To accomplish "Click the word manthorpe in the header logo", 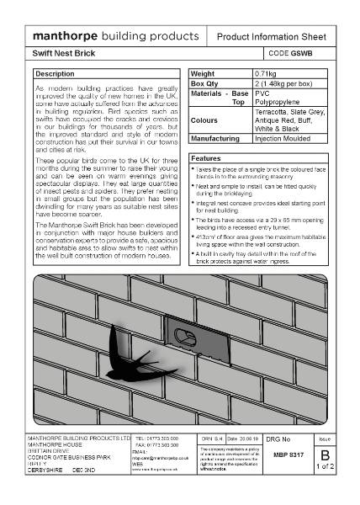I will pos(64,38).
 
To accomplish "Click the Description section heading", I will pos(56,74).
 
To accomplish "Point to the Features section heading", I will pos(206,158).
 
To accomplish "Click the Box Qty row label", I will pos(204,83).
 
